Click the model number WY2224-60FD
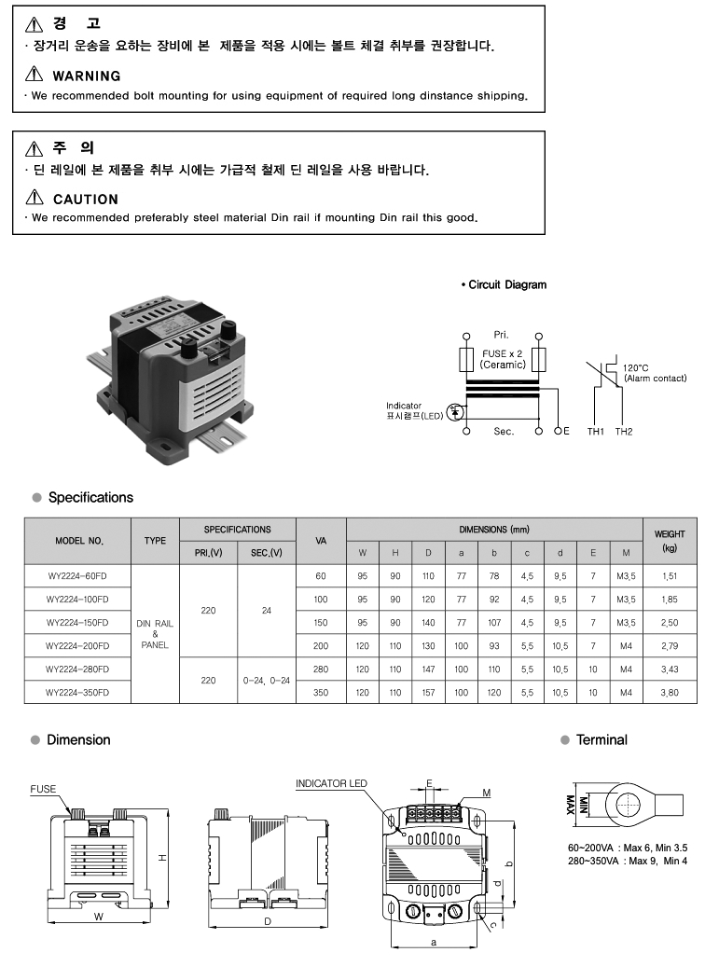click(x=77, y=576)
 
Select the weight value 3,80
click(x=670, y=693)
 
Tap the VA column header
click(x=321, y=541)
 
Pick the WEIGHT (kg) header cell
click(x=670, y=541)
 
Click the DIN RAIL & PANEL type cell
click(x=155, y=634)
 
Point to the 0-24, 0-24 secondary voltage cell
click(x=267, y=681)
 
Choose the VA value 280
click(x=321, y=669)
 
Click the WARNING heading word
click(x=87, y=76)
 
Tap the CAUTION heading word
click(x=86, y=199)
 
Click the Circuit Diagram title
click(x=506, y=284)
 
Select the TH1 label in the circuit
click(x=595, y=432)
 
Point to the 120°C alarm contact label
click(x=654, y=373)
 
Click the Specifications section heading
click(x=90, y=498)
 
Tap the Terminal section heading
click(x=601, y=739)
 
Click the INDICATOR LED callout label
click(x=331, y=784)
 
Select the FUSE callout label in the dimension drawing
click(x=43, y=789)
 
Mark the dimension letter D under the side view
click(x=268, y=922)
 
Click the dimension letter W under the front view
click(x=98, y=917)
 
